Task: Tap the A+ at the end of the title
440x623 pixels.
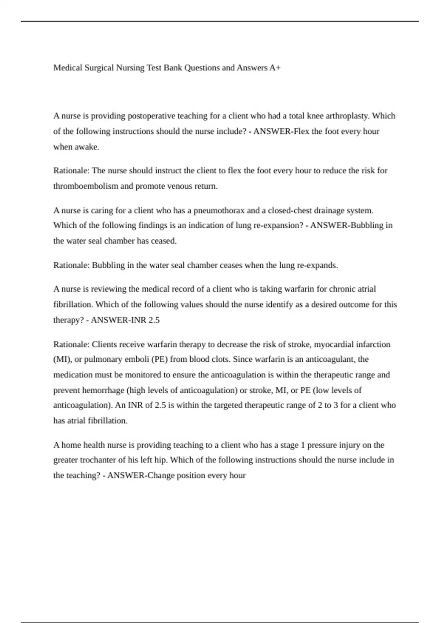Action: pos(275,68)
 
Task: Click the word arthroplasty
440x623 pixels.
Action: pos(348,116)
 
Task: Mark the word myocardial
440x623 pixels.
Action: pos(333,344)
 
